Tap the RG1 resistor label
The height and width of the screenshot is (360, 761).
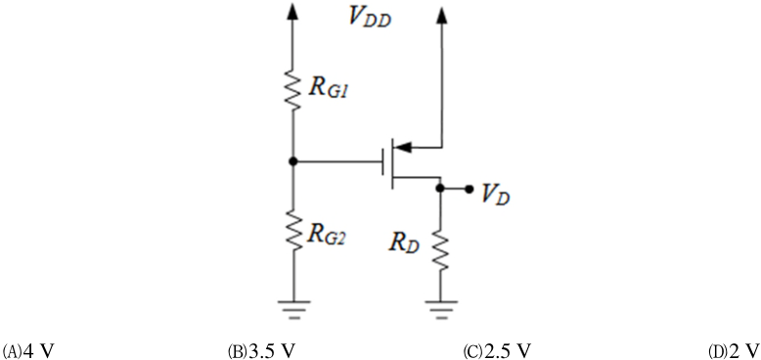click(328, 90)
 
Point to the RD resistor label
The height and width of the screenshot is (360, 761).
click(403, 242)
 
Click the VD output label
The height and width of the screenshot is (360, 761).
click(495, 194)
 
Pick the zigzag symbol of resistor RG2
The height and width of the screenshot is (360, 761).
click(293, 230)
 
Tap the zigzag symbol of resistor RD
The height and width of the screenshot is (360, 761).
click(441, 250)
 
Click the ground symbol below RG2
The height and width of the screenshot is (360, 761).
click(293, 309)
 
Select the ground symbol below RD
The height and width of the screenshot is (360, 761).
click(441, 309)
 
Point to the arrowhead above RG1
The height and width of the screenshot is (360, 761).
click(292, 11)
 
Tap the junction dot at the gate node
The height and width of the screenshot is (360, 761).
click(292, 161)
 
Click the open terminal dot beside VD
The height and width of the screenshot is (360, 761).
click(469, 189)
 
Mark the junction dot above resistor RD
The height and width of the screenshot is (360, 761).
click(440, 189)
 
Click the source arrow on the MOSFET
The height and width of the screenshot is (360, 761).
click(404, 147)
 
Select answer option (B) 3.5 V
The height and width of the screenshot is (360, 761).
click(261, 350)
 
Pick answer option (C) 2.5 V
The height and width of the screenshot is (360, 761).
click(498, 350)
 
